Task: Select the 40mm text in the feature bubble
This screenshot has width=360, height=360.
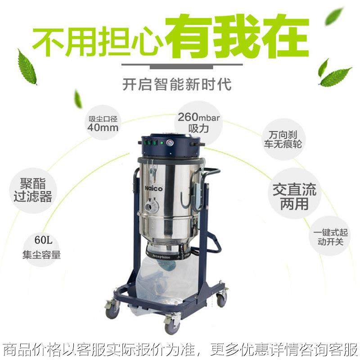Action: [x=103, y=127]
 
